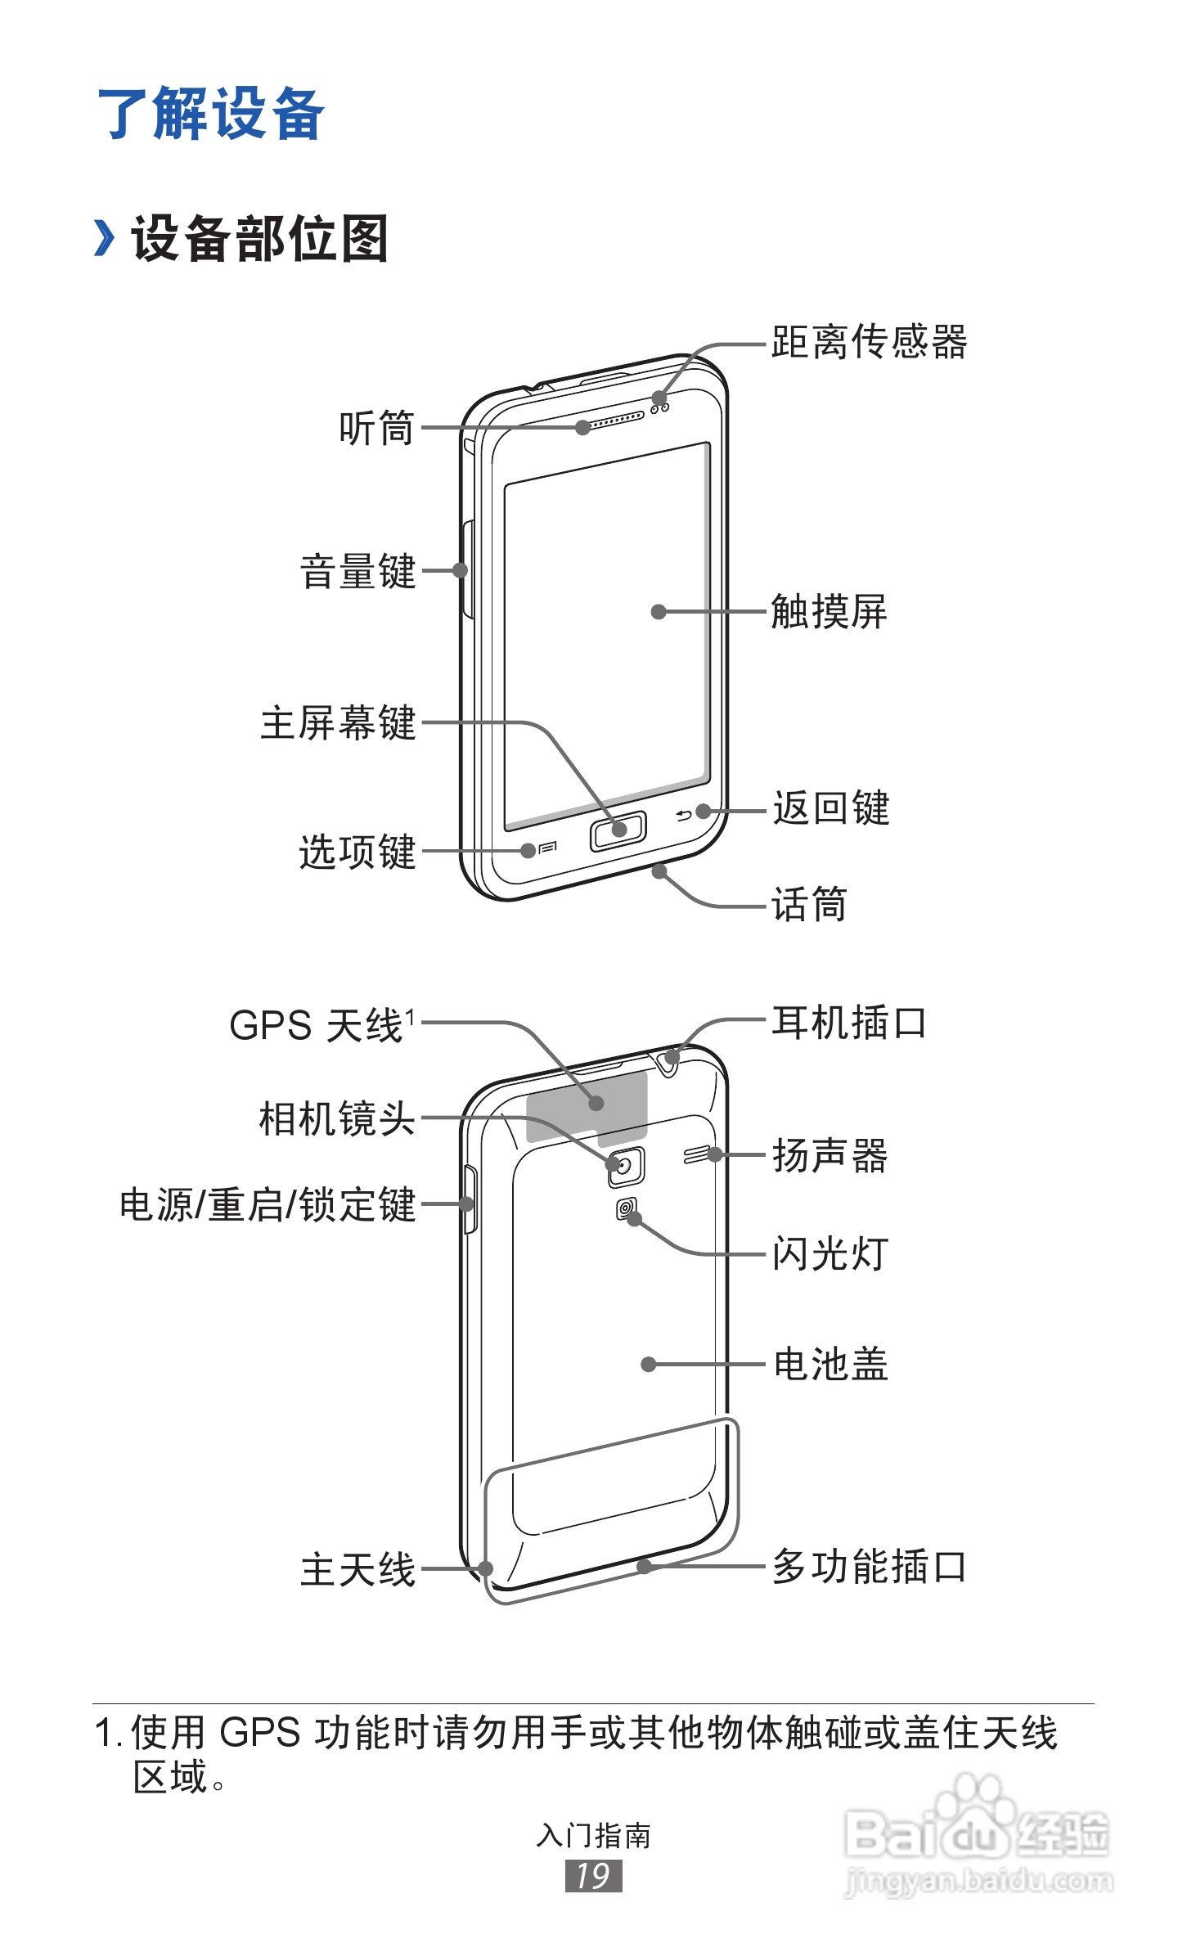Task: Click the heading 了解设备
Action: tap(211, 114)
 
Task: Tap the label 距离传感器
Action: tap(869, 342)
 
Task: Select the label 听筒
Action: tap(377, 428)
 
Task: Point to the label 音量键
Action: tap(358, 571)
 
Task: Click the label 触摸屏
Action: tap(829, 612)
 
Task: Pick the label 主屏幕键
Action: tap(339, 723)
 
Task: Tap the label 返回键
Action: tap(831, 808)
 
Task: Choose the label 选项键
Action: tap(358, 852)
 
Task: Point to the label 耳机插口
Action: tap(849, 1023)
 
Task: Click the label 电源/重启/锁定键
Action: tap(268, 1205)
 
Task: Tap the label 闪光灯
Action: tap(830, 1254)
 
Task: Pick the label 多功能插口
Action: tap(870, 1567)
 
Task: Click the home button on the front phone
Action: tap(618, 830)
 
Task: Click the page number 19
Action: tap(593, 1876)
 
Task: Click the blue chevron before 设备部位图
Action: tap(104, 238)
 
